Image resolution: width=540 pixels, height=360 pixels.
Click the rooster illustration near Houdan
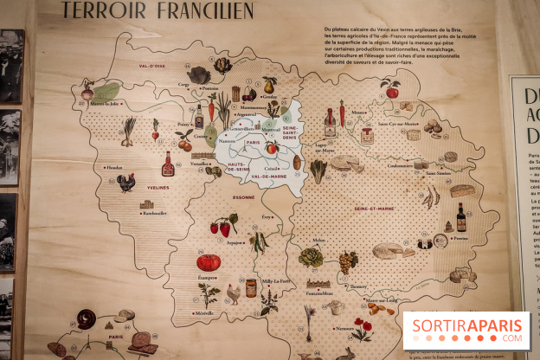(x=126, y=182)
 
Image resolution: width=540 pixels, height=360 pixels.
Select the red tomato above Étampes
(x=209, y=262)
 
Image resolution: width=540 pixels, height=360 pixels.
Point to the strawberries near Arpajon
(x=223, y=227)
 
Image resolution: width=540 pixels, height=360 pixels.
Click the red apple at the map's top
(x=390, y=90)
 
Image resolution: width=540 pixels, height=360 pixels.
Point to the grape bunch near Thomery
(x=348, y=260)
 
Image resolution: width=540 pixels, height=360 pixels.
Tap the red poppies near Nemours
(x=363, y=328)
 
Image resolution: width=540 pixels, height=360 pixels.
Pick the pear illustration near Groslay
(x=269, y=86)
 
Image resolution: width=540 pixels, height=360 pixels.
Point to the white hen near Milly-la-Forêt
(x=233, y=294)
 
